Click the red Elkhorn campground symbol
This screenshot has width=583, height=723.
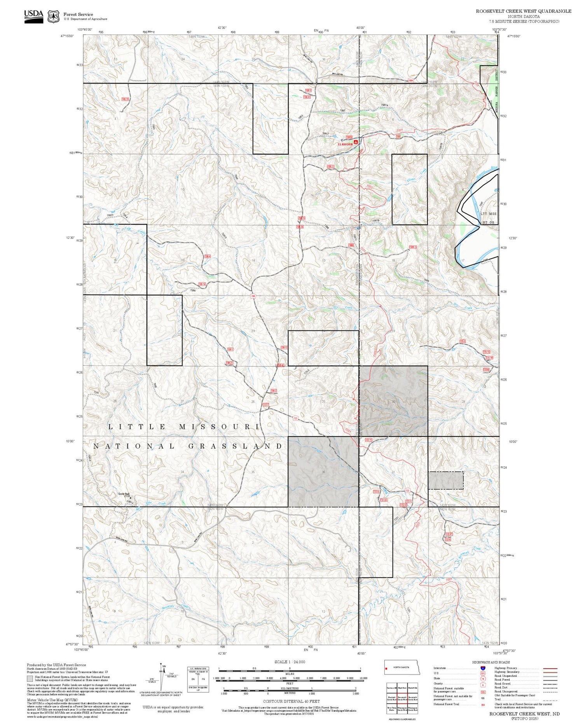[356, 142]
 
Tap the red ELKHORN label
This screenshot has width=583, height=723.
[345, 144]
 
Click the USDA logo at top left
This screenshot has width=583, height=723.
[34, 16]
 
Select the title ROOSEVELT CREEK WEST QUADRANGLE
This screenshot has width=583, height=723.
[524, 11]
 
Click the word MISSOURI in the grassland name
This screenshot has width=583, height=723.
[219, 427]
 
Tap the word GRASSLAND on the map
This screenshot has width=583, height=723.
[236, 446]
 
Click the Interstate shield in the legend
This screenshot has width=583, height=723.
[483, 668]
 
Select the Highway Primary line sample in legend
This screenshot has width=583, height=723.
[549, 668]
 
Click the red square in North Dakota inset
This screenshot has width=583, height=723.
[387, 669]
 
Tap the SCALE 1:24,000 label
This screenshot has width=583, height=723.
[290, 662]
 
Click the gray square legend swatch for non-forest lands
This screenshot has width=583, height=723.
[30, 679]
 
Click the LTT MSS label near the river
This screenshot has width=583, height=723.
[488, 214]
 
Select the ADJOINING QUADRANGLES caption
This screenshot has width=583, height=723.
[402, 719]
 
